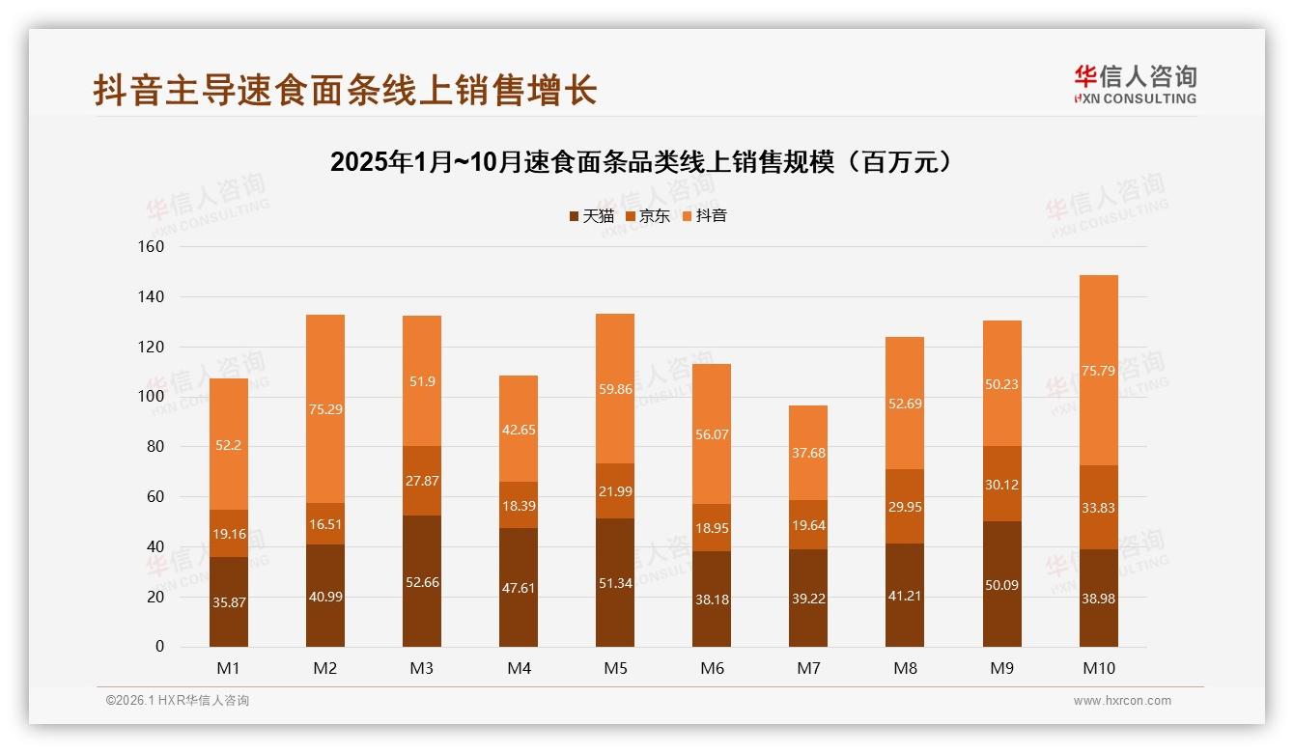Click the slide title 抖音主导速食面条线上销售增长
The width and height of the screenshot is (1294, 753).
tap(345, 90)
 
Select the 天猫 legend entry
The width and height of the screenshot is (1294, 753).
tap(592, 216)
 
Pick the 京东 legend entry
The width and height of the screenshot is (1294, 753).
tap(648, 216)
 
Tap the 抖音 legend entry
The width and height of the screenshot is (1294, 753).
tap(705, 216)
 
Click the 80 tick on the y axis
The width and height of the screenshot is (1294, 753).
tap(155, 447)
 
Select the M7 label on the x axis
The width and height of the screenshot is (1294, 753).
tap(808, 668)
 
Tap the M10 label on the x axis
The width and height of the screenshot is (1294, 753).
tap(1098, 668)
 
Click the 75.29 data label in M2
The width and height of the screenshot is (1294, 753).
tap(325, 409)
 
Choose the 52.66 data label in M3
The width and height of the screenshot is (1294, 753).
tap(422, 581)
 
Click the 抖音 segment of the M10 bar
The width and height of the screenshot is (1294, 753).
tap(1098, 371)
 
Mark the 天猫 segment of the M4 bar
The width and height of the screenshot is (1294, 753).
tap(519, 586)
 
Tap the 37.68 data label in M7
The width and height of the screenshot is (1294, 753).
tap(808, 453)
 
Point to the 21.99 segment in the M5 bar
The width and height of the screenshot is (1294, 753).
tap(615, 491)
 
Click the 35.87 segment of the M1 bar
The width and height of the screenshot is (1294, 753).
tap(229, 601)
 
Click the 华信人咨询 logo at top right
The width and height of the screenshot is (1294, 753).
tap(1135, 84)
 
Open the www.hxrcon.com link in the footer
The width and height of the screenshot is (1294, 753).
tap(1122, 701)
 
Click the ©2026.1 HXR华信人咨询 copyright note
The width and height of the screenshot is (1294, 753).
tap(178, 701)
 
